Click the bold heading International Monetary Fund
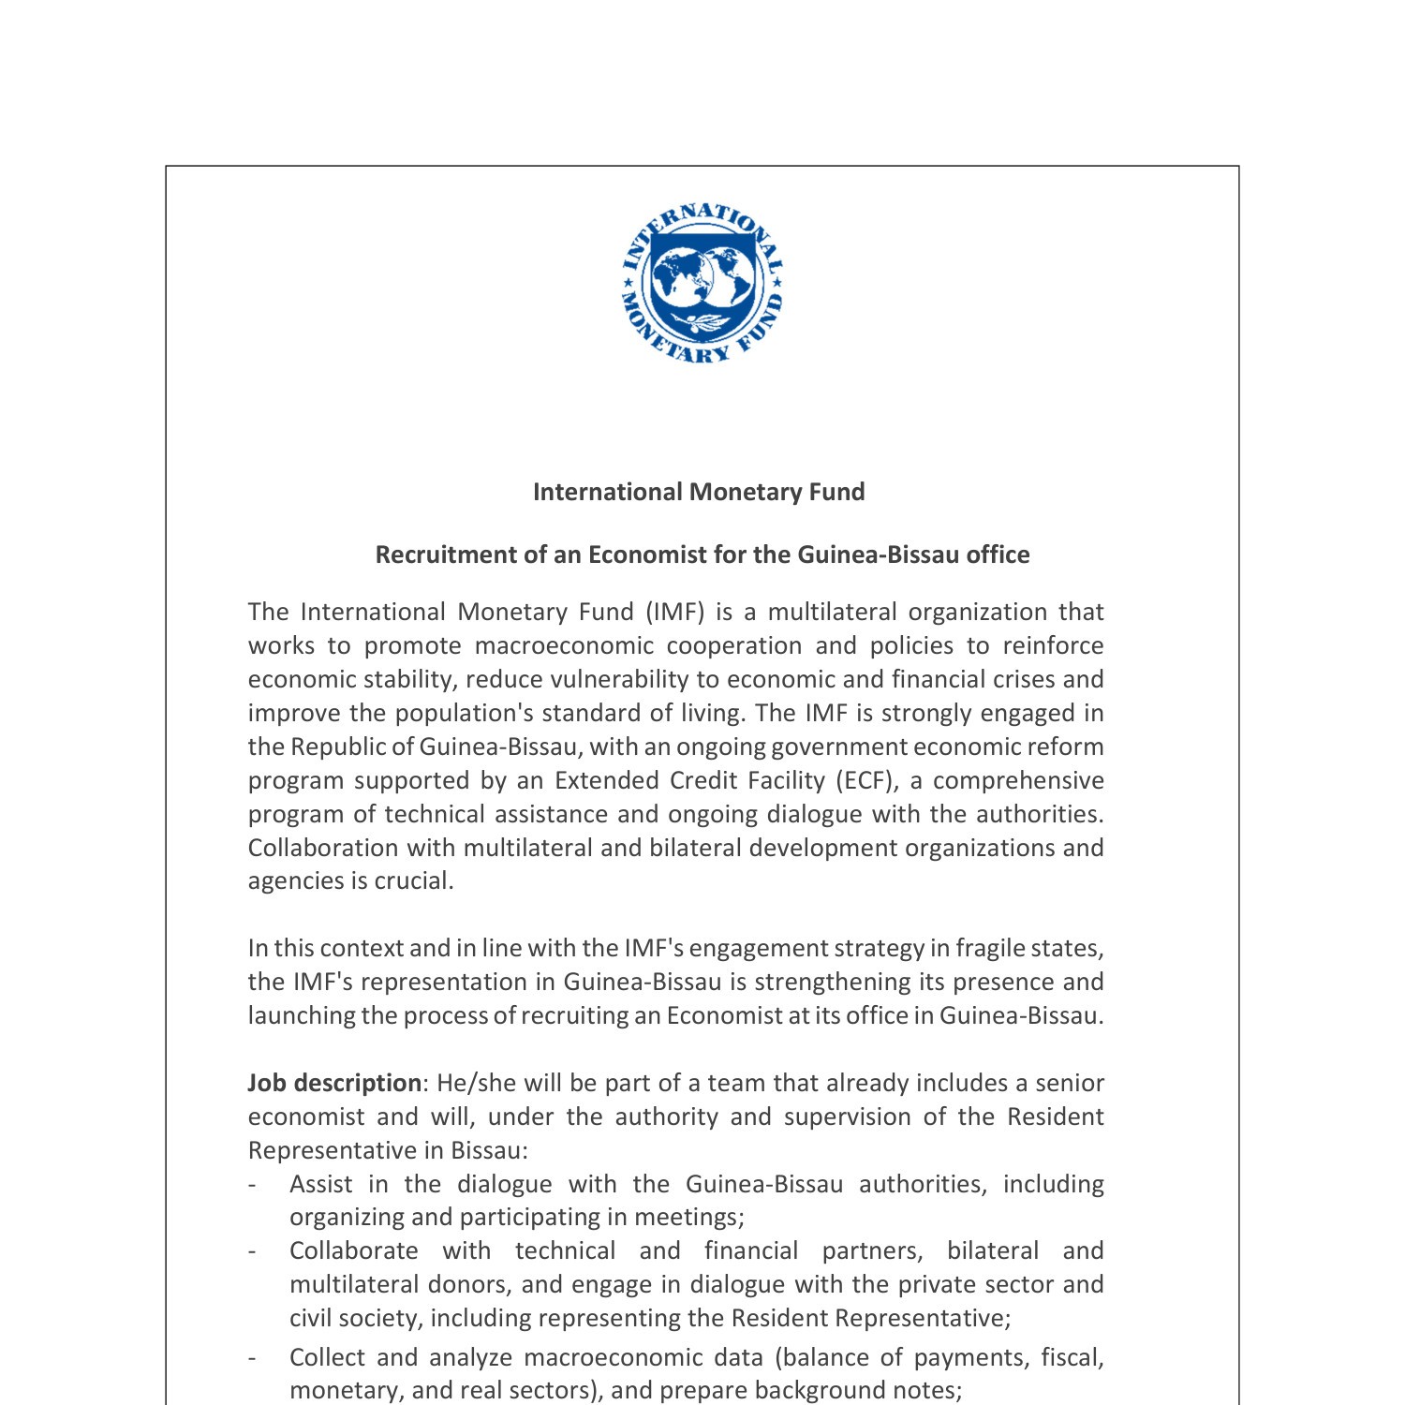(699, 492)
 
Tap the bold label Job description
(334, 1083)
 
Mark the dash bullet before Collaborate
(252, 1251)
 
